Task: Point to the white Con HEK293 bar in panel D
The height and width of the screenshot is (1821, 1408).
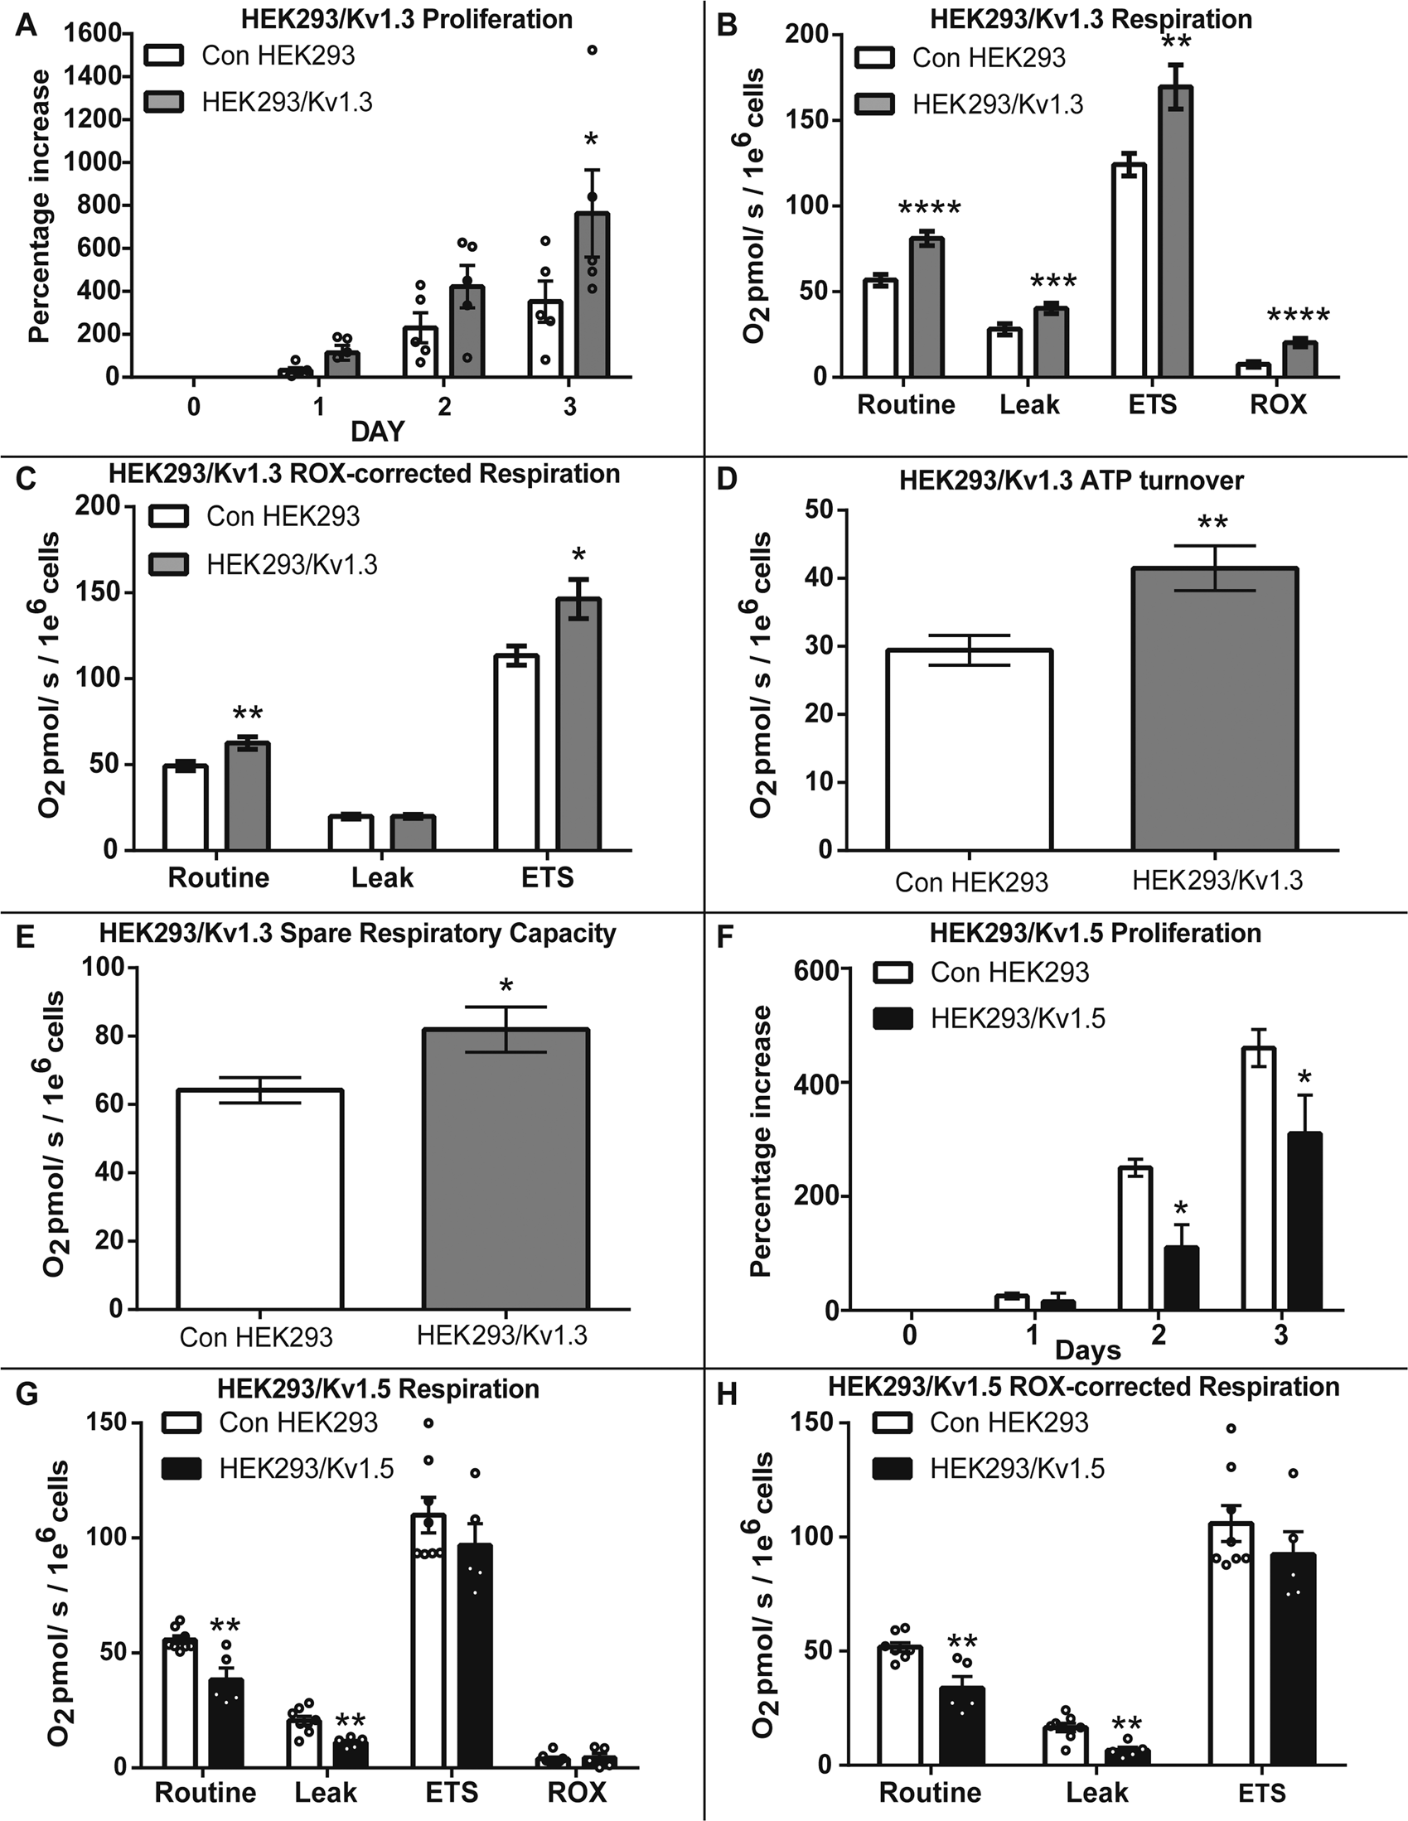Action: (x=970, y=751)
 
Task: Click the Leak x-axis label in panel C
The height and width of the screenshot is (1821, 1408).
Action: (x=382, y=878)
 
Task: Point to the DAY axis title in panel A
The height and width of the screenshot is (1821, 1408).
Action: (x=377, y=431)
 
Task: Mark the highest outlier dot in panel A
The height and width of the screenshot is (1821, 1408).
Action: (x=593, y=50)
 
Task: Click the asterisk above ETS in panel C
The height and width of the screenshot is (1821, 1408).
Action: (x=579, y=555)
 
